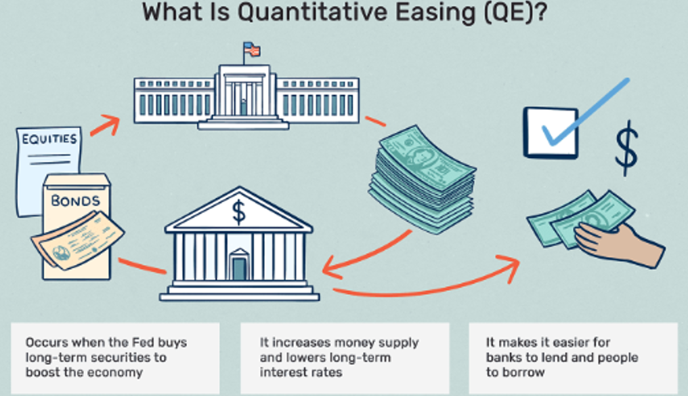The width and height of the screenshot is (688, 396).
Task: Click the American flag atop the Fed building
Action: [x=252, y=49]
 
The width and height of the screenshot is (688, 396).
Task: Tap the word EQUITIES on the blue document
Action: [x=49, y=139]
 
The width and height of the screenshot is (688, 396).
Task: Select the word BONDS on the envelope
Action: [x=75, y=201]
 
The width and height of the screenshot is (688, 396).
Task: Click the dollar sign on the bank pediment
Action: [x=238, y=213]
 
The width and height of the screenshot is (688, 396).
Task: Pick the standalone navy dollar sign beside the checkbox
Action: [x=626, y=148]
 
